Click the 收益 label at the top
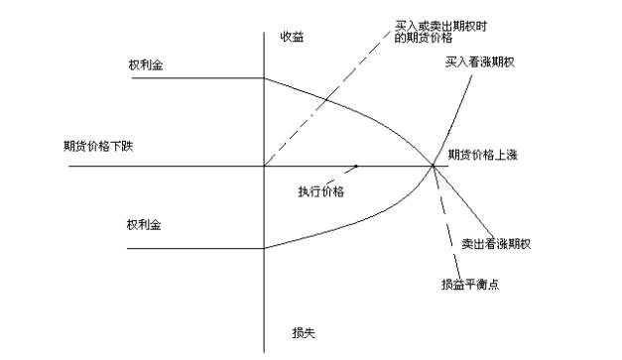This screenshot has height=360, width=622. click(292, 37)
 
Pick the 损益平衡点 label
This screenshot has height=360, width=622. click(471, 285)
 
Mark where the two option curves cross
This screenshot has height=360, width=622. click(434, 166)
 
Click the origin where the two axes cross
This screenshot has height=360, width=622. click(264, 166)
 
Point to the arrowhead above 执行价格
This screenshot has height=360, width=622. click(354, 166)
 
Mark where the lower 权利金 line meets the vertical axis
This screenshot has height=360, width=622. click(264, 247)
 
